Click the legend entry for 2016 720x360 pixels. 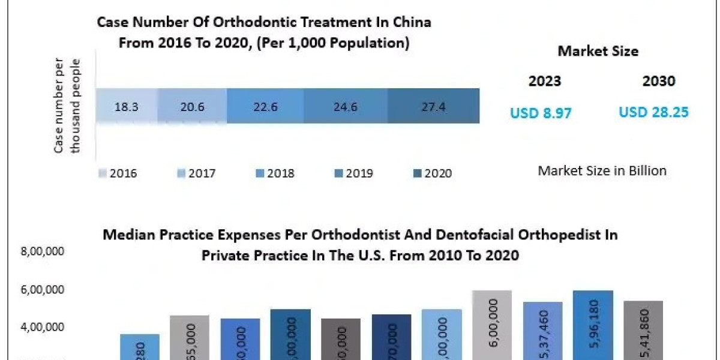click(118, 173)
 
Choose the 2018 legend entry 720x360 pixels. click(275, 173)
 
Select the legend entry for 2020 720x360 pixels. click(433, 173)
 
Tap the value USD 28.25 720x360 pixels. click(653, 112)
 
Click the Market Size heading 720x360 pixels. click(598, 51)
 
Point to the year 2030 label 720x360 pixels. click(658, 82)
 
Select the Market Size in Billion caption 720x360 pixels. click(602, 170)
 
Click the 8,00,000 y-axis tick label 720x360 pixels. click(42, 253)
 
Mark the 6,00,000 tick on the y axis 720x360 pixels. click(42, 290)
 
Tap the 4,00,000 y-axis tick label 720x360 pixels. click(42, 327)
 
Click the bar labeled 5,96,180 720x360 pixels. click(593, 327)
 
